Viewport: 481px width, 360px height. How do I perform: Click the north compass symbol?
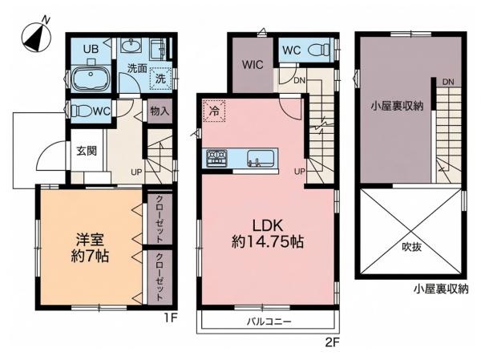(x=37, y=37)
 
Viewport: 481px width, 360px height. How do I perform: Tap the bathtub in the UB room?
(x=91, y=78)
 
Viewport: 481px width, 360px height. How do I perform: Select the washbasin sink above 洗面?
(x=131, y=46)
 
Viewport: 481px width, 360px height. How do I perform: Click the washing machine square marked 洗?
(x=160, y=79)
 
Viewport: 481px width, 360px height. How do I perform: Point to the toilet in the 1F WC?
(x=82, y=111)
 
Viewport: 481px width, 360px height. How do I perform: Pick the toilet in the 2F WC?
(x=320, y=50)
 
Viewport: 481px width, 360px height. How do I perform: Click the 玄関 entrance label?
(x=87, y=151)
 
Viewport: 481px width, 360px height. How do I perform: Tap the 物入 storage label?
(x=160, y=111)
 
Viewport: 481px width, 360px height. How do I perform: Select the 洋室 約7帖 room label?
(x=90, y=248)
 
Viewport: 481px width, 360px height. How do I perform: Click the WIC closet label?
(x=253, y=64)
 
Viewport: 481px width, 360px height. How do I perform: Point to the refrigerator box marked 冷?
(x=214, y=111)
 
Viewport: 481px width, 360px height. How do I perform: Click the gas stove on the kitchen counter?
(x=216, y=158)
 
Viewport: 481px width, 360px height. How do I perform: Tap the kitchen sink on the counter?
(x=261, y=158)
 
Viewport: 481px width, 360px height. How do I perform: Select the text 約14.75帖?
(x=268, y=242)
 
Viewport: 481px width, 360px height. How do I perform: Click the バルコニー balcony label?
(x=269, y=322)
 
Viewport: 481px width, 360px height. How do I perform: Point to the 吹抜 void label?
(x=412, y=247)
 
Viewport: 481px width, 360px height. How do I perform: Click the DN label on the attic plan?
(x=448, y=82)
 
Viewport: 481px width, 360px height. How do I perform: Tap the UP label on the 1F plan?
(x=136, y=172)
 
